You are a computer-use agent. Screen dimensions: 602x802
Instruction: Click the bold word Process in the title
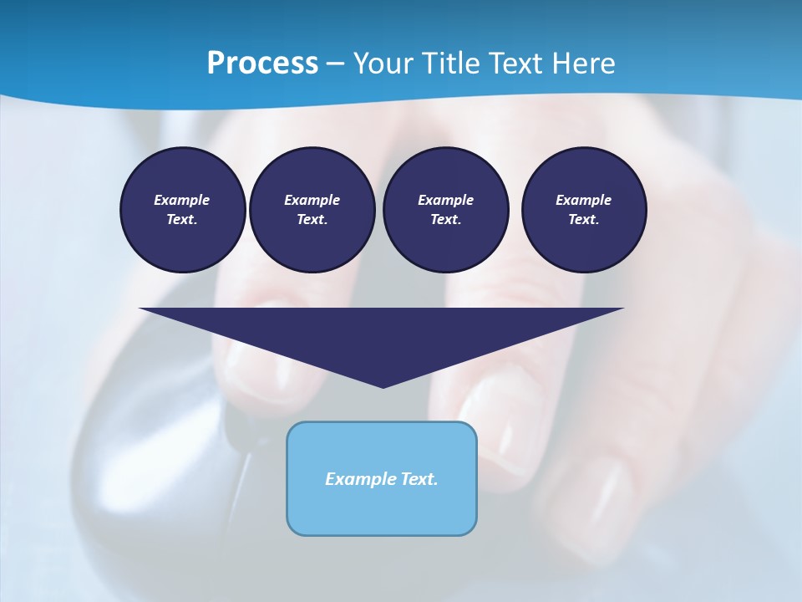(262, 64)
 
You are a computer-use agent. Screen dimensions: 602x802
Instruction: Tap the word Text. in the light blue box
(419, 479)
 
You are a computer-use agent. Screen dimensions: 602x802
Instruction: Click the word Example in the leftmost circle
(182, 200)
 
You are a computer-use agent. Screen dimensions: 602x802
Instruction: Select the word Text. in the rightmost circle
(583, 220)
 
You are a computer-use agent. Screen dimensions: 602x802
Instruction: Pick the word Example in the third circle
(445, 200)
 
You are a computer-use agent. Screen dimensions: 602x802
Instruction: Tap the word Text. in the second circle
(312, 220)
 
